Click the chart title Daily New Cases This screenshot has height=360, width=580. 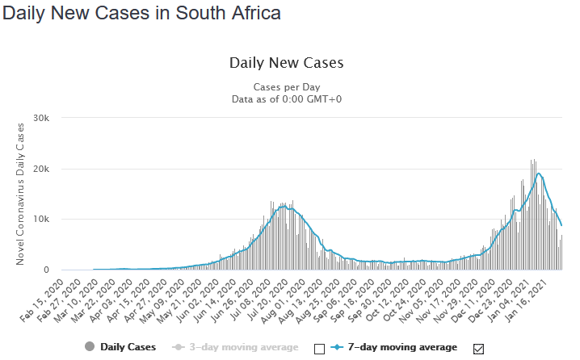[x=287, y=63]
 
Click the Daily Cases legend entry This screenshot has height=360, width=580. [x=128, y=347]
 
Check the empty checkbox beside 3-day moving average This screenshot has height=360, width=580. [x=319, y=348]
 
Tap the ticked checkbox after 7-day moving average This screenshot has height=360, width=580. [x=478, y=348]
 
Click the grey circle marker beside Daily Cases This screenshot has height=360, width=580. [x=89, y=347]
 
